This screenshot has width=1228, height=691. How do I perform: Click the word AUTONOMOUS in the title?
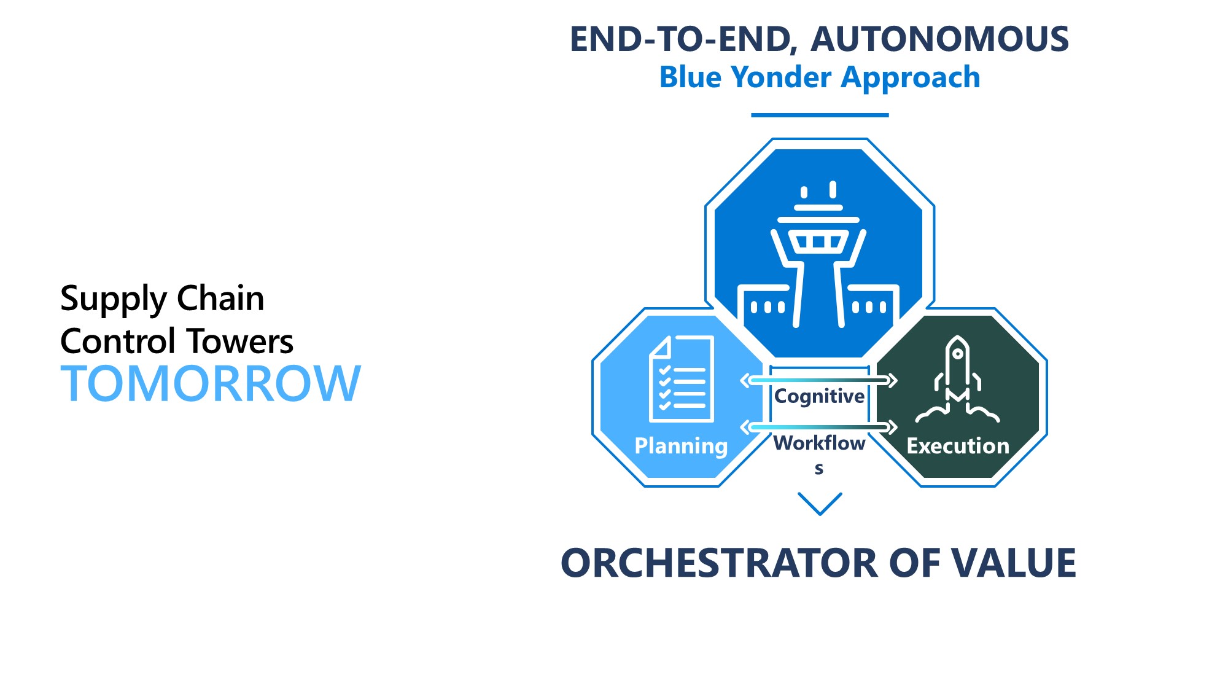939,39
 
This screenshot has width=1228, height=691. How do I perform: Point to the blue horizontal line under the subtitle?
820,115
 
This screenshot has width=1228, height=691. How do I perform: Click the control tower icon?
819,255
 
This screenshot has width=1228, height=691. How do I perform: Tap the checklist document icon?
682,378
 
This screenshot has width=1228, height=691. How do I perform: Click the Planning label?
681,446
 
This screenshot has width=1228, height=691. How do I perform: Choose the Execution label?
958,446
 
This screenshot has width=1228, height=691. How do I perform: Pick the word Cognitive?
820,397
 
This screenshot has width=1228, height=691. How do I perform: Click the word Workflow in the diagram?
820,443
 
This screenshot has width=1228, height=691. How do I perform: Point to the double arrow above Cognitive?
819,381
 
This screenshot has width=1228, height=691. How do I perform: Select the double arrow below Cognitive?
819,427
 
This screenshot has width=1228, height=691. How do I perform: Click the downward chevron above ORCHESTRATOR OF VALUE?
820,504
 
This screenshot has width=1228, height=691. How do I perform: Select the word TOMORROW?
211,384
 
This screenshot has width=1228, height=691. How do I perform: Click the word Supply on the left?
114,300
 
